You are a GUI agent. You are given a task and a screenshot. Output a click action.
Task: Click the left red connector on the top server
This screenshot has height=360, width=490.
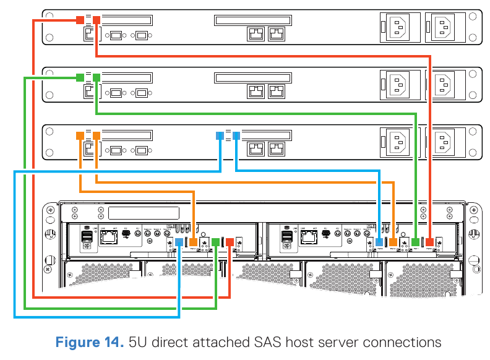(x=80, y=20)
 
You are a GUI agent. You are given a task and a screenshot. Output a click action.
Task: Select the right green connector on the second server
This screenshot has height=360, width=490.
(x=96, y=77)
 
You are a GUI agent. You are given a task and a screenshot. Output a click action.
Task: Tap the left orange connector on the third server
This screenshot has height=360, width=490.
(x=80, y=135)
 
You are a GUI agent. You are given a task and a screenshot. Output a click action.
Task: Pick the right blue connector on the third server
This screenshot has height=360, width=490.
(x=236, y=135)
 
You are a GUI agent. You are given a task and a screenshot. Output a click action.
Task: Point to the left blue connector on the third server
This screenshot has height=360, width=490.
(x=220, y=135)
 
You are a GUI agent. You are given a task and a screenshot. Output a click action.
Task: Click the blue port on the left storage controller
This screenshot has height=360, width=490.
(x=179, y=242)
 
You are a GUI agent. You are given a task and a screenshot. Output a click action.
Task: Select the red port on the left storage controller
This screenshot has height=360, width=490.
(x=230, y=242)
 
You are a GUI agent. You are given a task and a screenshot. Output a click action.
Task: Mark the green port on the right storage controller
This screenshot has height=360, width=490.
(x=415, y=242)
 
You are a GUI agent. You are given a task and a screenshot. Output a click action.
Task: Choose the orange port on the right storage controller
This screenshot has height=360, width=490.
(x=393, y=242)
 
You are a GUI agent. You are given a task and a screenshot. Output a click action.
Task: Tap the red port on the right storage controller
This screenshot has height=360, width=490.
(x=430, y=242)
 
